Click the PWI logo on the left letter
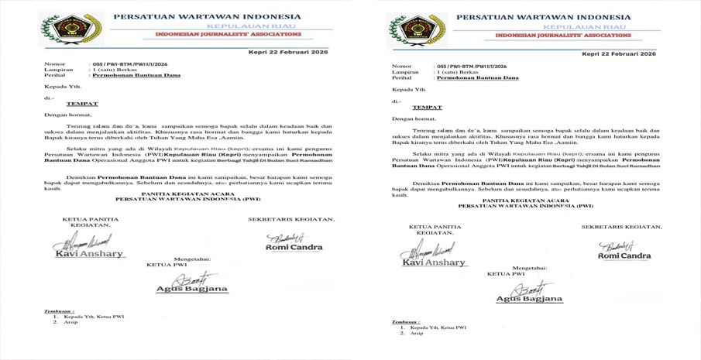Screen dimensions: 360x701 (x=60, y=29)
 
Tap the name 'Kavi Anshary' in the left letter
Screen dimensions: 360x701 (x=82, y=254)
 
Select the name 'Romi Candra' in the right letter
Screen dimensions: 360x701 (x=624, y=255)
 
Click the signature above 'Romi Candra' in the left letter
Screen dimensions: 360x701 (x=287, y=237)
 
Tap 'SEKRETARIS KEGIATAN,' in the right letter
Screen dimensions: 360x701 (x=622, y=227)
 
